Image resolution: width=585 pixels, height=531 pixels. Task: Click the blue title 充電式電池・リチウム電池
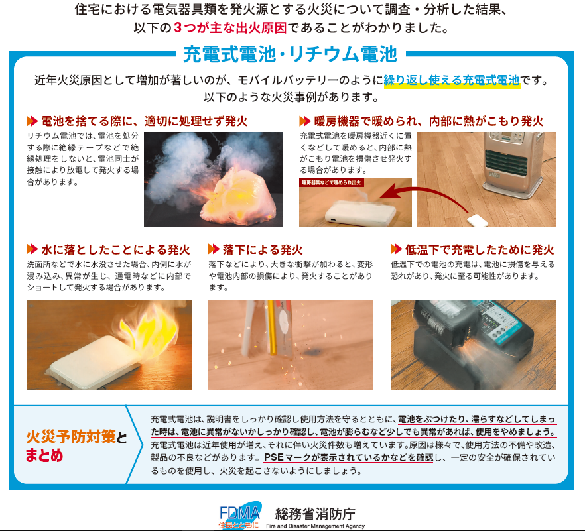tap(290, 54)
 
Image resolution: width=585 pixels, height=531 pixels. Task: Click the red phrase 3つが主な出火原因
tap(230, 28)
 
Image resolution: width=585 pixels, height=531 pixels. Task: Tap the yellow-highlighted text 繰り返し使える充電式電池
tap(452, 80)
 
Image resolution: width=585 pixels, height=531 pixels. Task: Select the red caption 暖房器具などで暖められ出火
tap(332, 182)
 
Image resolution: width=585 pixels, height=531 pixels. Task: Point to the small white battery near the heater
tap(477, 221)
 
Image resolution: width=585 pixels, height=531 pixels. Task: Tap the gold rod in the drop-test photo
tap(271, 328)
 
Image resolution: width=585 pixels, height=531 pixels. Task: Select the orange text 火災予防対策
tap(71, 437)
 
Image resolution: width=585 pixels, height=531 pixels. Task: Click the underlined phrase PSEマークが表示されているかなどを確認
tap(348, 457)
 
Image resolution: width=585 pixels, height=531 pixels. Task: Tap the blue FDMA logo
tap(240, 514)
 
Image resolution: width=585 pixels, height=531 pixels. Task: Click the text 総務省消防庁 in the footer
tap(315, 514)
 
